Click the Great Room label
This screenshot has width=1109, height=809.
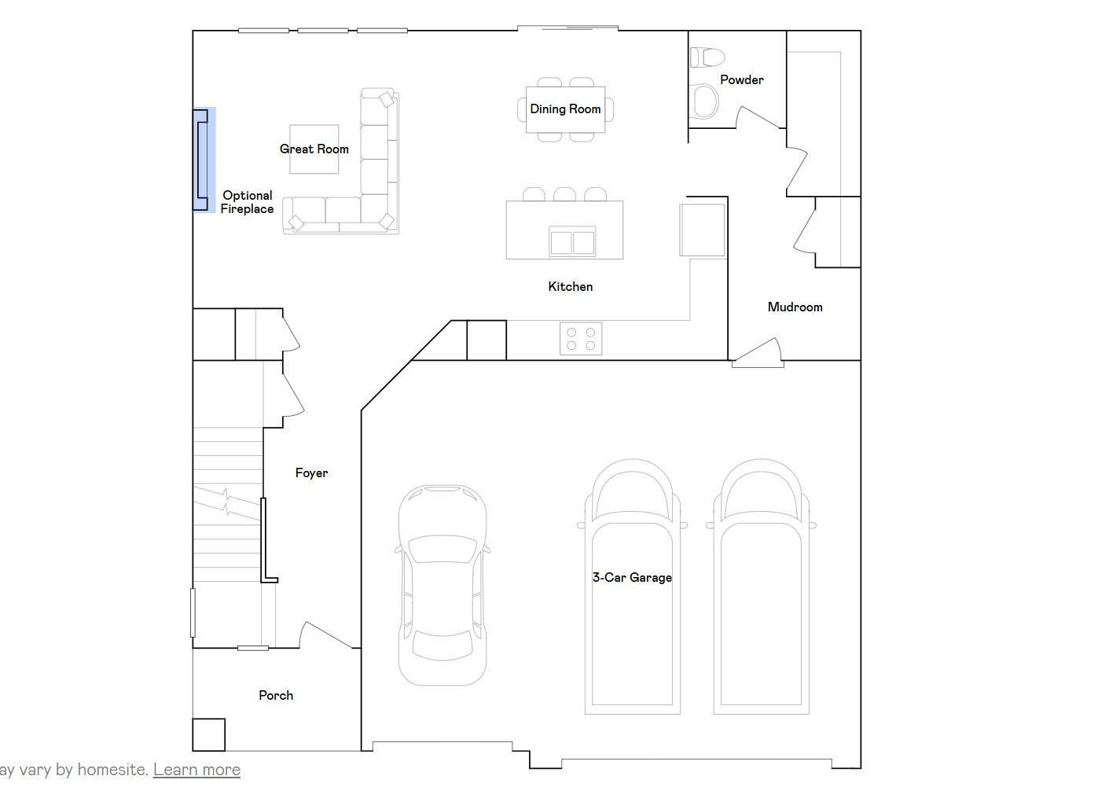[314, 149]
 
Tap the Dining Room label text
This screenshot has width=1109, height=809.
[565, 109]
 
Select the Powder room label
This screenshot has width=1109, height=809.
[742, 79]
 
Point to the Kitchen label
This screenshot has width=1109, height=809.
[571, 287]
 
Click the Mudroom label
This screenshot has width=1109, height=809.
[795, 307]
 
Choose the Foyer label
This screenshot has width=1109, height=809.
[311, 473]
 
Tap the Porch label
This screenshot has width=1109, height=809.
[276, 696]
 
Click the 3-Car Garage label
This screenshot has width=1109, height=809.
[632, 577]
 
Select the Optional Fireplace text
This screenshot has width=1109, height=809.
[247, 202]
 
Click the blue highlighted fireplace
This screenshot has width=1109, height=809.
[204, 160]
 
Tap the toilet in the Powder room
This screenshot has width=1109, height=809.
[707, 57]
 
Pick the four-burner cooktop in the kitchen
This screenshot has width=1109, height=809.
[581, 339]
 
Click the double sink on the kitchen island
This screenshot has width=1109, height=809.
[572, 241]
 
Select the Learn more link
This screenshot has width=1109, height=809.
[196, 770]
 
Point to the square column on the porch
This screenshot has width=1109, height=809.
[208, 735]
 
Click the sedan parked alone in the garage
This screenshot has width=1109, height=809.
[442, 585]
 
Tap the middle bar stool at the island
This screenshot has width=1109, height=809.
[564, 193]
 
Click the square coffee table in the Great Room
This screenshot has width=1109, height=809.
[314, 149]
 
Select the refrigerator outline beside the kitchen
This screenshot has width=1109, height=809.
[702, 230]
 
